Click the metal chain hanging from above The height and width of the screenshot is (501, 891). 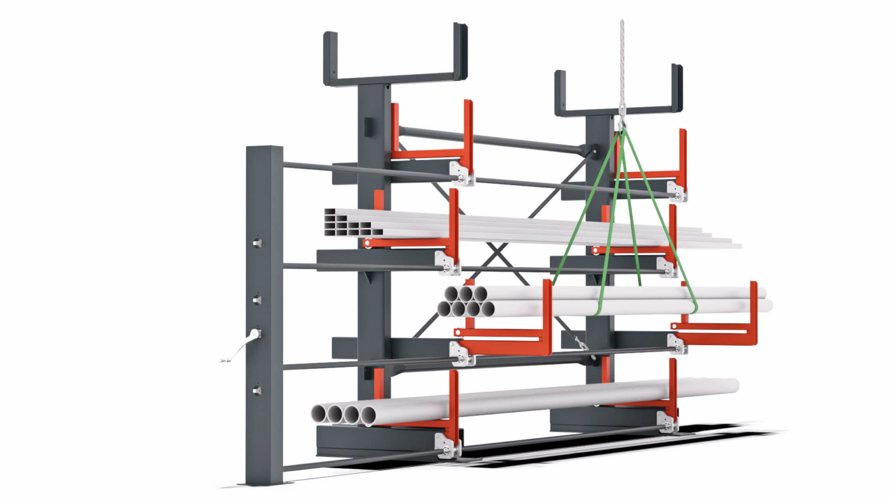coord(622,64)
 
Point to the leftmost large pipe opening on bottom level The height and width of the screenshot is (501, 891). coord(319,414)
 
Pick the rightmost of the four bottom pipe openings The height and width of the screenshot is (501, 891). coord(368,415)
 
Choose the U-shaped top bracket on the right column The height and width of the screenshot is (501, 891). coord(618,93)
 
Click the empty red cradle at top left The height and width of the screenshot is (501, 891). coord(432,136)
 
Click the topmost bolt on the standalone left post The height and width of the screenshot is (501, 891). coord(257,242)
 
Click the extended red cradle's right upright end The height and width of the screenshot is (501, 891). coord(753,313)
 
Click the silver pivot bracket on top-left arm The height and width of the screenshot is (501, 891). coord(461,173)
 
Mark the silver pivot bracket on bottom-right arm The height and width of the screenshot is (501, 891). coord(667,422)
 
